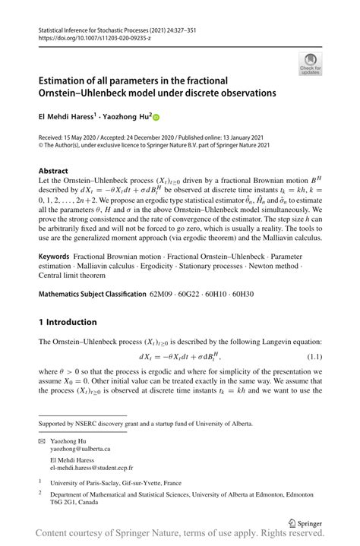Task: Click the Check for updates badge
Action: click(x=309, y=64)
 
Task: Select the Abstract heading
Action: click(x=54, y=171)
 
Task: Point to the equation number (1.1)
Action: click(x=314, y=356)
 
